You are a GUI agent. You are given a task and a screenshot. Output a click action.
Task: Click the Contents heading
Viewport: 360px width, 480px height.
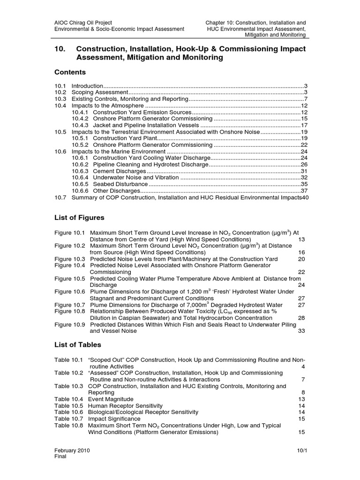(70, 72)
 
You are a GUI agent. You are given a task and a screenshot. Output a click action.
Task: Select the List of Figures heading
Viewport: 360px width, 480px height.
(79, 217)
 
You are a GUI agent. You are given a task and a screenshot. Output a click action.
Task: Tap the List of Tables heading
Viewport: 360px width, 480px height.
(77, 345)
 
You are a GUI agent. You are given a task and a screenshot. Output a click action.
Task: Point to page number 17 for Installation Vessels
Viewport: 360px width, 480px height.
(304, 126)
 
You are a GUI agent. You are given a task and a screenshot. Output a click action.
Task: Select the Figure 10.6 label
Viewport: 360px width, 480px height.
(70, 291)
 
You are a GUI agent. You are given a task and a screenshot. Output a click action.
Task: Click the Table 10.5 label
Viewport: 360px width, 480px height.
(68, 405)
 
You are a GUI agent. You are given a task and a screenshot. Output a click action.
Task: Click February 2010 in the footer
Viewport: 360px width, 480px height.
(72, 450)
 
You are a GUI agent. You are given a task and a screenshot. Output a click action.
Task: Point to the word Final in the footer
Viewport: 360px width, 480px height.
(60, 457)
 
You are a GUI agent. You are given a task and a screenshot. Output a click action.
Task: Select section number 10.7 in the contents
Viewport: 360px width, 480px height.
(60, 198)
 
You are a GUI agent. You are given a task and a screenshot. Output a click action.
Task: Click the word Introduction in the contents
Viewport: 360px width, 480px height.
(87, 86)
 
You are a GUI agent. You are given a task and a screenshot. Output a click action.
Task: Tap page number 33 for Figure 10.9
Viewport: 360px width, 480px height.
(302, 330)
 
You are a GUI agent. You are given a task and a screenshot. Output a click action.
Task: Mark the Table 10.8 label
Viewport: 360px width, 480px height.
(68, 425)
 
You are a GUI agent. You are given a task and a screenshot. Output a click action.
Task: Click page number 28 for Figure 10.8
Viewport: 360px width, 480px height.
(302, 317)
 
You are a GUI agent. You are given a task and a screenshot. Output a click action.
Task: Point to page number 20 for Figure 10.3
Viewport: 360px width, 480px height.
(302, 259)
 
